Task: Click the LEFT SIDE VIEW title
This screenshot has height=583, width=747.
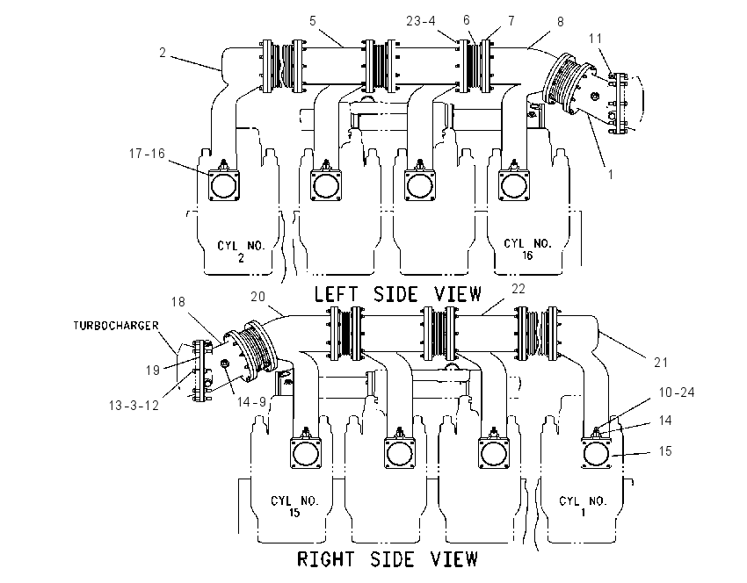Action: (398, 294)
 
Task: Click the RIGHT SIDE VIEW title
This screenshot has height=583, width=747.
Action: (388, 558)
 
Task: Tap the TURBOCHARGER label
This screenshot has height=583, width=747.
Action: (116, 326)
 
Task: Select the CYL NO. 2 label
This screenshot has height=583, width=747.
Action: (241, 251)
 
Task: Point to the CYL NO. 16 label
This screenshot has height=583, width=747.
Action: (528, 248)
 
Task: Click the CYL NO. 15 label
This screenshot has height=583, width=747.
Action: (294, 507)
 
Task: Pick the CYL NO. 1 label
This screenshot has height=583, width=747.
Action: (584, 507)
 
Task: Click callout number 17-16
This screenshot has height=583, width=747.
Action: (147, 154)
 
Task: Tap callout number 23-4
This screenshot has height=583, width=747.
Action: (421, 21)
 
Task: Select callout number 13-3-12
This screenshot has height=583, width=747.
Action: (134, 406)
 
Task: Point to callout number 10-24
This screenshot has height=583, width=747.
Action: (677, 392)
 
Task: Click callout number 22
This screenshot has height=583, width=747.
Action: (519, 288)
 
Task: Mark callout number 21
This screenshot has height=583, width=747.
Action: (661, 363)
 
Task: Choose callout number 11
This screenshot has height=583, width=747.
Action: (596, 38)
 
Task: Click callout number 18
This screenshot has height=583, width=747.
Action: (178, 302)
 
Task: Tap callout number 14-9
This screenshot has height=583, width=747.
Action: (251, 402)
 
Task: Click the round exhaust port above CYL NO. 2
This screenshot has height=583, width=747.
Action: (224, 185)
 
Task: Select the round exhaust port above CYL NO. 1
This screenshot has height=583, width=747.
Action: (596, 452)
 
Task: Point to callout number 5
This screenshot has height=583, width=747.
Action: (313, 21)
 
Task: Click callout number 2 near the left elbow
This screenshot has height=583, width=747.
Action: (163, 53)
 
